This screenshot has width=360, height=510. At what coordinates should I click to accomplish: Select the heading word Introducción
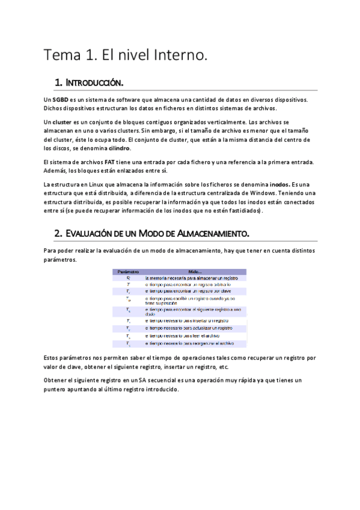(x=96, y=81)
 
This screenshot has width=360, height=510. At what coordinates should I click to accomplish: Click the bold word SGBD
(x=59, y=99)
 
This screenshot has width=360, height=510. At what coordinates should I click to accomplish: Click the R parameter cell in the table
(x=127, y=278)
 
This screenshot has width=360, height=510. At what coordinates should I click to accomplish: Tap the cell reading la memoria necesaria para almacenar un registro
(x=192, y=278)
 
